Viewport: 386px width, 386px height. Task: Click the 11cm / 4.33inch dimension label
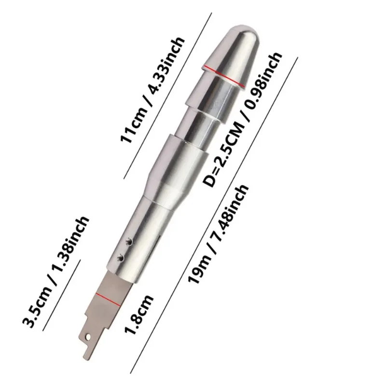click(152, 90)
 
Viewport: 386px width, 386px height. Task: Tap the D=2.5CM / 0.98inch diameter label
click(242, 119)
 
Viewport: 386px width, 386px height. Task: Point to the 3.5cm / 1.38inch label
click(55, 272)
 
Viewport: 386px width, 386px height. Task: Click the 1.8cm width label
click(138, 315)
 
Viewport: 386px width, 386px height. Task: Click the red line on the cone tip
click(224, 76)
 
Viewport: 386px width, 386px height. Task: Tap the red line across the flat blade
click(108, 300)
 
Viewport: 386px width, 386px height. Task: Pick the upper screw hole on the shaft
click(129, 242)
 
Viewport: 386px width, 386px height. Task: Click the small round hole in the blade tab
click(88, 336)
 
